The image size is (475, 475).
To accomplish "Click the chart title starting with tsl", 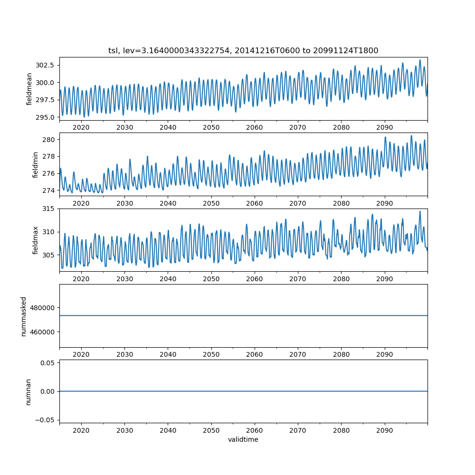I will tap(243, 51).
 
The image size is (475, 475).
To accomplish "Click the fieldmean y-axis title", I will tap(29, 89).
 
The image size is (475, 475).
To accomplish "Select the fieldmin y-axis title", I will tap(35, 164).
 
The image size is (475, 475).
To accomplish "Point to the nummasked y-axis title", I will tap(23, 316).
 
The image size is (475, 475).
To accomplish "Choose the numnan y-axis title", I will tap(28, 391).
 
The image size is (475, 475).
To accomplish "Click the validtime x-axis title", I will tap(243, 439).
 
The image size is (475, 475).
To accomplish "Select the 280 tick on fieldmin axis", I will tap(49, 140).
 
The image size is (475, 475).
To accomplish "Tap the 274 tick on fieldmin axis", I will tap(49, 190).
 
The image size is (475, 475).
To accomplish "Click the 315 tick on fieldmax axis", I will tap(49, 209).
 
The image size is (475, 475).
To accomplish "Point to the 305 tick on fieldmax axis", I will tap(49, 255).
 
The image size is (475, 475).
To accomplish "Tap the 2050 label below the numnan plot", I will tap(211, 430).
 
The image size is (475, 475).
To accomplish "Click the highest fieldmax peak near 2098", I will tap(420, 211).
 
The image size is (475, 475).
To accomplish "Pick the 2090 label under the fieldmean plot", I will tap(384, 128).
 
